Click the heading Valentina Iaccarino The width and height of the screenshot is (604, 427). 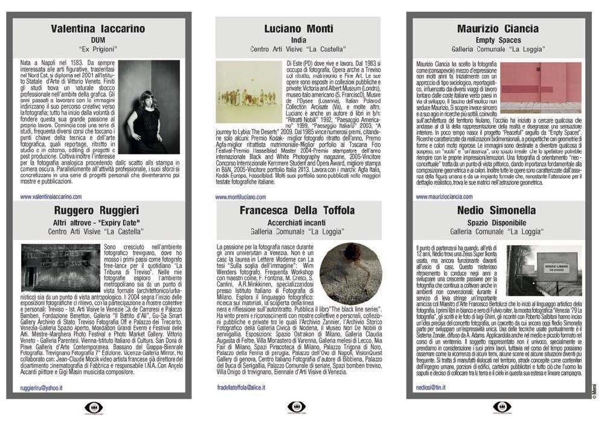98,28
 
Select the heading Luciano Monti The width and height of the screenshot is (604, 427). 298,28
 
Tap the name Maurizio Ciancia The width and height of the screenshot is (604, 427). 498,28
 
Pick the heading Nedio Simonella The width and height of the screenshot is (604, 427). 498,211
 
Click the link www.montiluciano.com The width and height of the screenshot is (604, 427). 240,196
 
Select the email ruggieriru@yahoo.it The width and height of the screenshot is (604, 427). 42,387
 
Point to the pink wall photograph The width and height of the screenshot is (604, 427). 541,88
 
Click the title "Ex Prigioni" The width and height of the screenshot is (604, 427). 98,48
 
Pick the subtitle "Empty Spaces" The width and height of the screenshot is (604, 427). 498,40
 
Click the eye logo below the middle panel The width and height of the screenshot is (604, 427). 297,408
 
